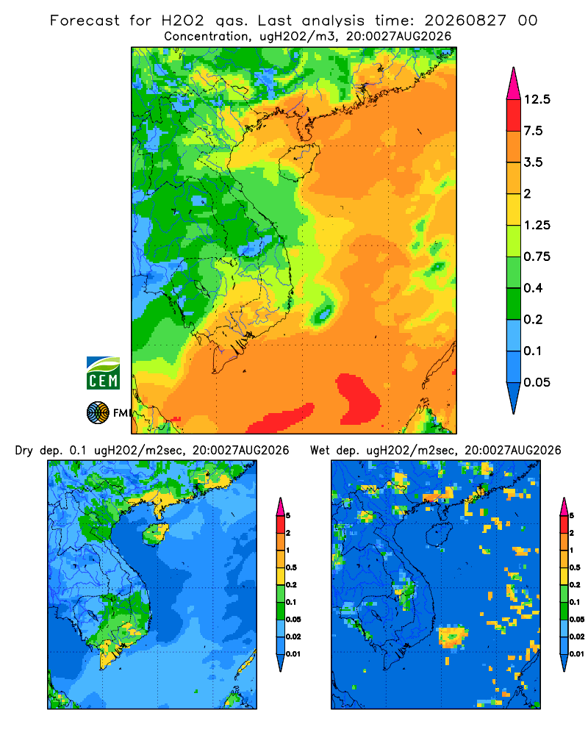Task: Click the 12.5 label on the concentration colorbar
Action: tap(537, 99)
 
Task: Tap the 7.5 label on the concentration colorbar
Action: tap(533, 131)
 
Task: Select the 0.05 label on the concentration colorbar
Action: tap(537, 382)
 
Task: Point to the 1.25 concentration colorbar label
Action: tap(537, 225)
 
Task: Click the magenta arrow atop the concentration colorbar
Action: tap(514, 85)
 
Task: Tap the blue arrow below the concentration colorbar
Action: tap(514, 397)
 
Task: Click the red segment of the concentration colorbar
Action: tap(514, 115)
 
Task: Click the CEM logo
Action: tap(103, 373)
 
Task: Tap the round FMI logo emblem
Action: tap(98, 413)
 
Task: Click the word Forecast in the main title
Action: tap(85, 21)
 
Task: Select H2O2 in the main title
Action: tap(182, 21)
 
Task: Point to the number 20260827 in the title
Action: tap(465, 21)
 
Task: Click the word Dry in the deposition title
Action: tap(24, 451)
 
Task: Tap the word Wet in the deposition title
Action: tap(320, 451)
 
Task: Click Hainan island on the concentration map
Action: tap(298, 162)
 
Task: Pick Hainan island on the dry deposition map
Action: tap(155, 534)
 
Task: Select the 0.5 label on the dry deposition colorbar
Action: tap(291, 567)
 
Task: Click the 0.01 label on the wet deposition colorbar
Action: tap(577, 654)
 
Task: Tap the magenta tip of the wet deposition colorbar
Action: tap(564, 506)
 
